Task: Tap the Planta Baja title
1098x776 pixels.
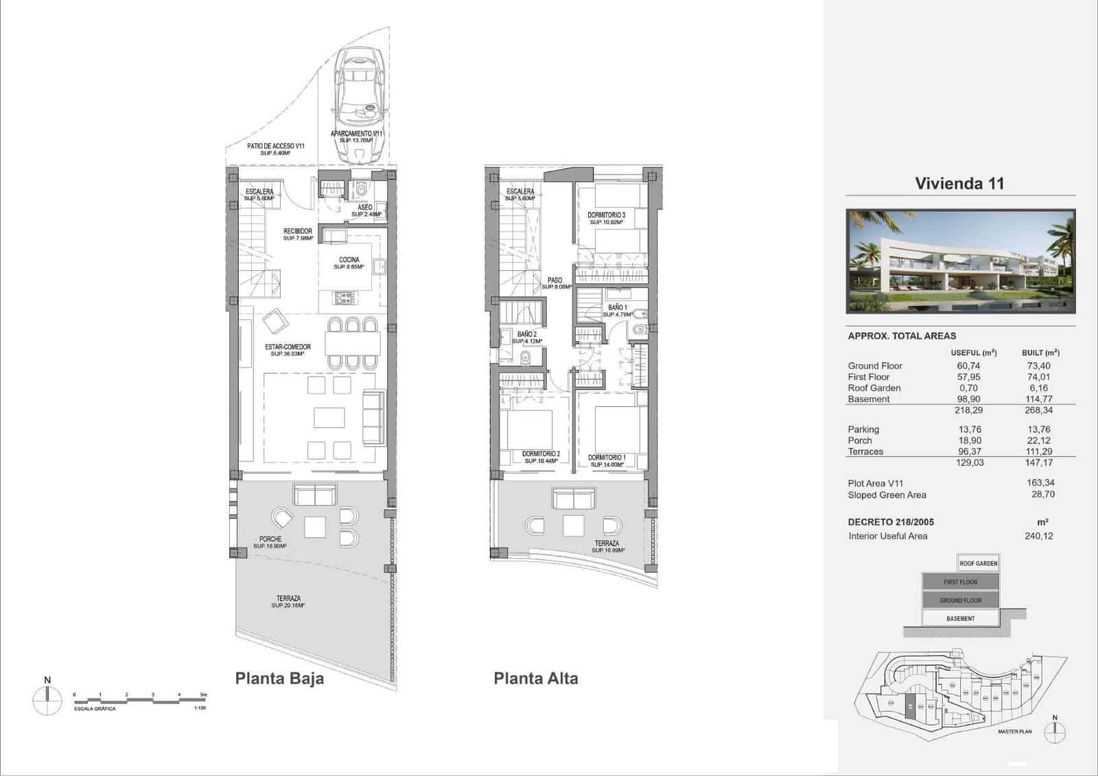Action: [x=279, y=679]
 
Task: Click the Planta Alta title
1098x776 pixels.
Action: [x=536, y=679]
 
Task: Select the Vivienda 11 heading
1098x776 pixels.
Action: [x=959, y=183]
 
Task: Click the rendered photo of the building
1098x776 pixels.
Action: [x=960, y=261]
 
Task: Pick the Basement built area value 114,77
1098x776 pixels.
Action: [x=1038, y=399]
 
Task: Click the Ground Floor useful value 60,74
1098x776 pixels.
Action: [x=968, y=366]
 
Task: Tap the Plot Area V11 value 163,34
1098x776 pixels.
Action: [x=1040, y=483]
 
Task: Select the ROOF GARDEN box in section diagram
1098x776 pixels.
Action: [x=978, y=563]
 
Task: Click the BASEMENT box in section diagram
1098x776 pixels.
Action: [x=960, y=618]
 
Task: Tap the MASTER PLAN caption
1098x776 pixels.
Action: [x=1014, y=731]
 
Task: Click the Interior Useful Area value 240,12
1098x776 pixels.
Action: [x=1038, y=536]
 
